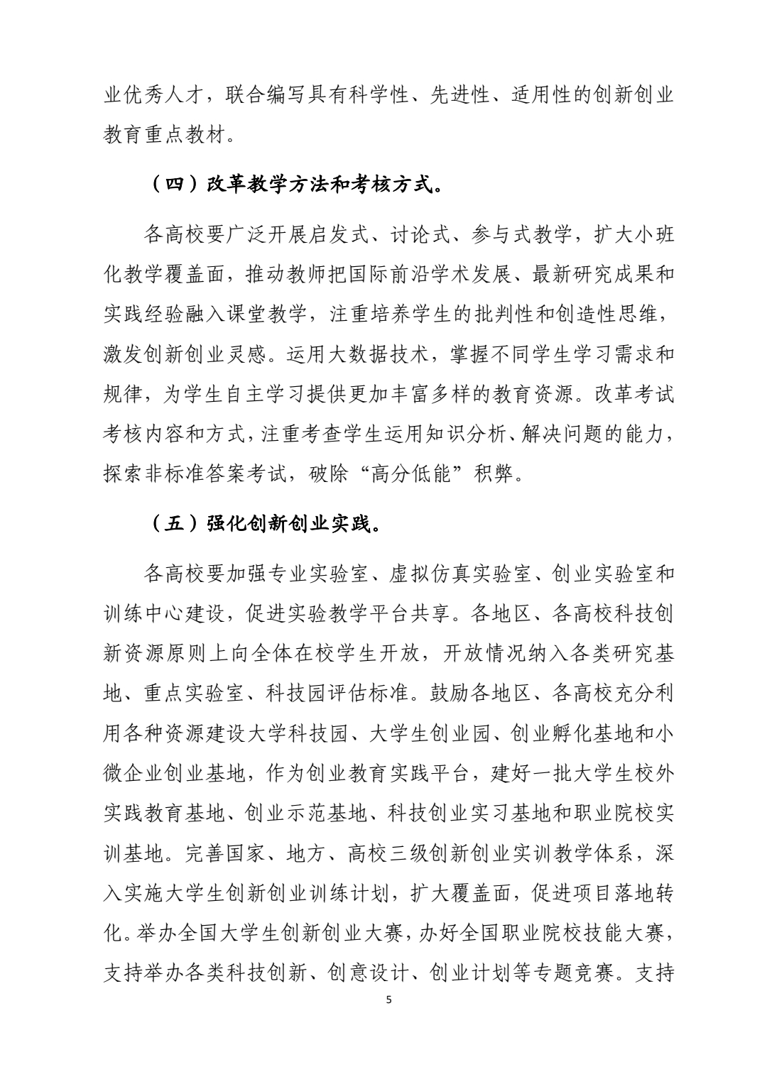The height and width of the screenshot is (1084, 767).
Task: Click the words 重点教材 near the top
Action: point(186,135)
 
